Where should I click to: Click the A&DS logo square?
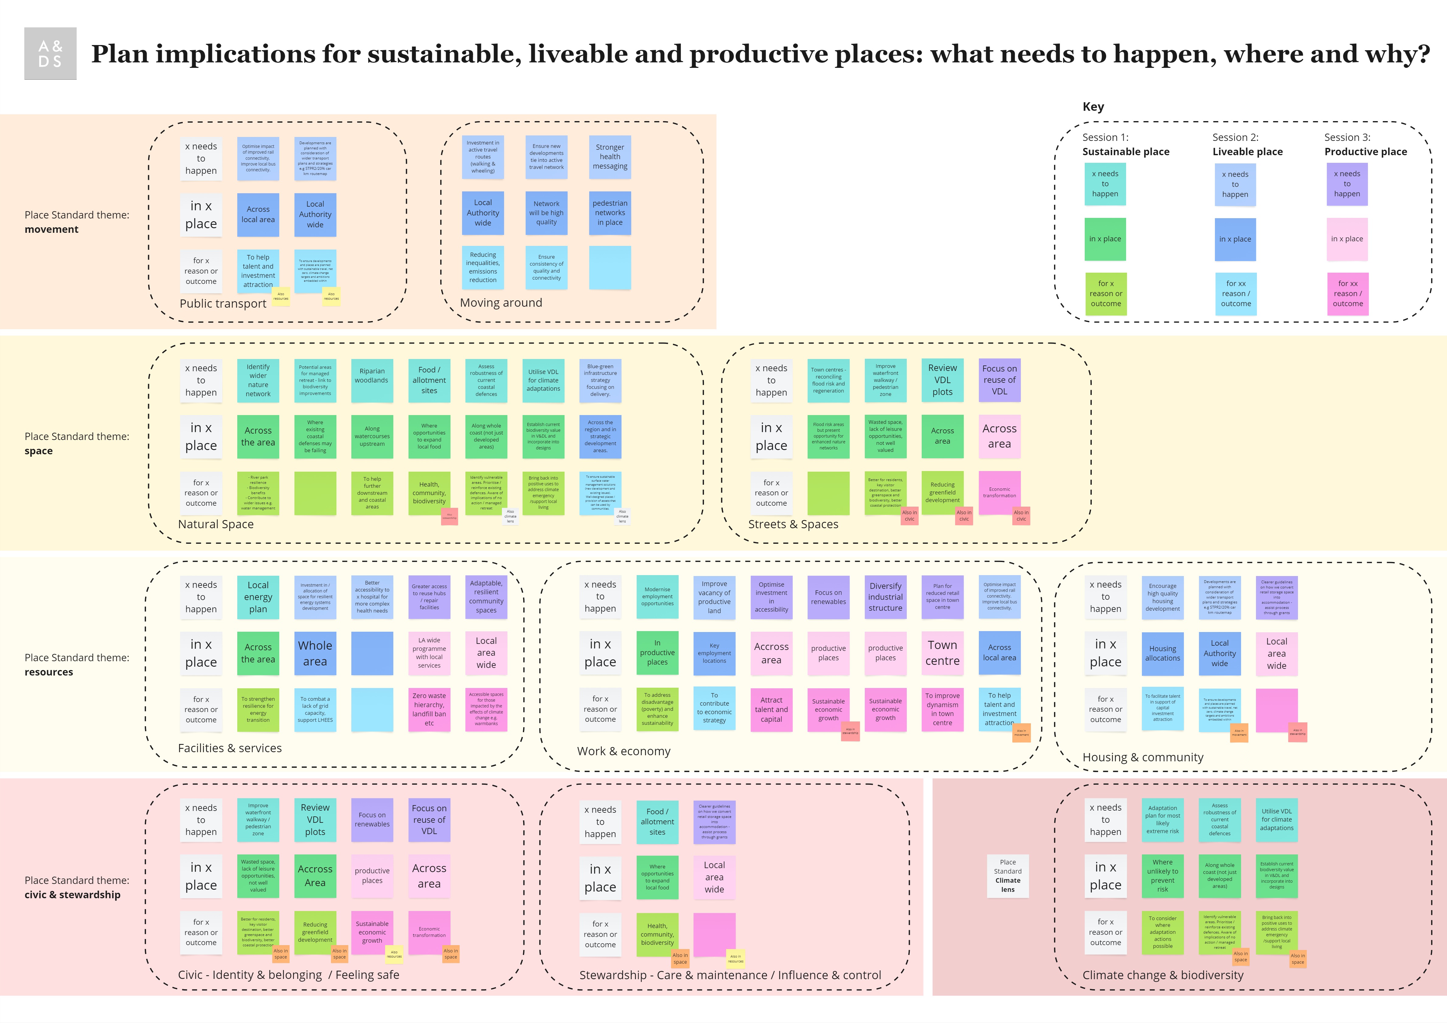pyautogui.click(x=50, y=54)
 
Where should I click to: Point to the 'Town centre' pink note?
pyautogui.click(x=942, y=653)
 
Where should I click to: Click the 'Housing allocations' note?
pyautogui.click(x=1163, y=653)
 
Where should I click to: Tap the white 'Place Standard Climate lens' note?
pyautogui.click(x=1008, y=875)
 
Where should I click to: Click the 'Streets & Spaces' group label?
pyautogui.click(x=793, y=524)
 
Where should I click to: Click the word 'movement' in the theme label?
pyautogui.click(x=52, y=229)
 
